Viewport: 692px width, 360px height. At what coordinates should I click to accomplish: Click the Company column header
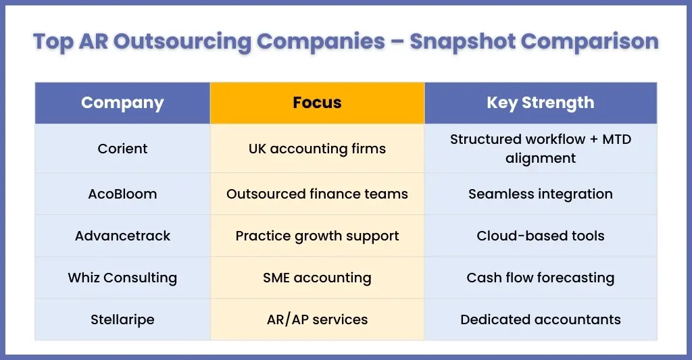[x=122, y=103]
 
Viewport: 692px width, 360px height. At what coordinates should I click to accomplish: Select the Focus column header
[x=318, y=103]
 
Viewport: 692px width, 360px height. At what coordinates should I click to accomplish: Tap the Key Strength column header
[x=541, y=103]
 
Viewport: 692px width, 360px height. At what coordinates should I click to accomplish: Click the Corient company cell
[x=122, y=149]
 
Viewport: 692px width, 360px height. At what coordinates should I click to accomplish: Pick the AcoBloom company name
[x=122, y=194]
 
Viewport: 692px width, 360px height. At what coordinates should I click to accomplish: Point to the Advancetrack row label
[x=122, y=236]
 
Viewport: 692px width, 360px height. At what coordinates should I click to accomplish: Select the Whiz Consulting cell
[x=122, y=278]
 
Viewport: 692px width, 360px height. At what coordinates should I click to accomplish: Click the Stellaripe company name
[x=122, y=320]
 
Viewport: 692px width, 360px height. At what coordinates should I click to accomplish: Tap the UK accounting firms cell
[x=318, y=149]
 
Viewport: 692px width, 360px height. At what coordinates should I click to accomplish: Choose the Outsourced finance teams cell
[x=318, y=194]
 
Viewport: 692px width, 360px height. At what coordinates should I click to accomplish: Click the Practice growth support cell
[x=318, y=236]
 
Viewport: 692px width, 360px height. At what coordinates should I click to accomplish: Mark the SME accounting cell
[x=318, y=278]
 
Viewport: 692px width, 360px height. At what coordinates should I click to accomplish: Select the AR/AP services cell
[x=318, y=320]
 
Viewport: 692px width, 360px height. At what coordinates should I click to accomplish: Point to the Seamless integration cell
[x=541, y=194]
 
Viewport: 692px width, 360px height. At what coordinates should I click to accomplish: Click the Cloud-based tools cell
[x=541, y=236]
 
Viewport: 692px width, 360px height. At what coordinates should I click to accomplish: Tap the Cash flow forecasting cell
[x=541, y=278]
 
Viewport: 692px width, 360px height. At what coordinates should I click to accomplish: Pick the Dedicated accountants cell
[x=541, y=320]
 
